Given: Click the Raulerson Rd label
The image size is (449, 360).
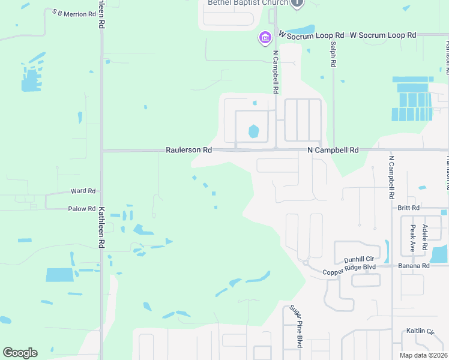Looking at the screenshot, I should pos(189,150).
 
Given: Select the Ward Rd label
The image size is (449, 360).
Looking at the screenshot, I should pos(83,191).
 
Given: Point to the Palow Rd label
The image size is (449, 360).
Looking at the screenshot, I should pos(82,209).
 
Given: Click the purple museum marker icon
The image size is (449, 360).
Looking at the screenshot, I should pos(264,39).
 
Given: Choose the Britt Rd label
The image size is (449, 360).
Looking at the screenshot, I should pos(408,208).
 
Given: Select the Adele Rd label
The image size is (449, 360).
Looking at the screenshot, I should pos(424,234).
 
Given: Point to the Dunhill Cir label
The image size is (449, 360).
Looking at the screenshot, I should pos(359,259).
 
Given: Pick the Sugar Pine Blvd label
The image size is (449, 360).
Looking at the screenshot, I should pos(295,326).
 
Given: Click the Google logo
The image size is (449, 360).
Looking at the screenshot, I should pos(20,353).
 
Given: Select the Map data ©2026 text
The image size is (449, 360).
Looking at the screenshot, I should pos(424,355).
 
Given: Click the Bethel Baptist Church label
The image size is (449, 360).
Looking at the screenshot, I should pos(248,3).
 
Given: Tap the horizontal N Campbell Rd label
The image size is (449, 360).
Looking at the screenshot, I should pos(333,150).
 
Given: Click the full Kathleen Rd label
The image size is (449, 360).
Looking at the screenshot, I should pos(101,228).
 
